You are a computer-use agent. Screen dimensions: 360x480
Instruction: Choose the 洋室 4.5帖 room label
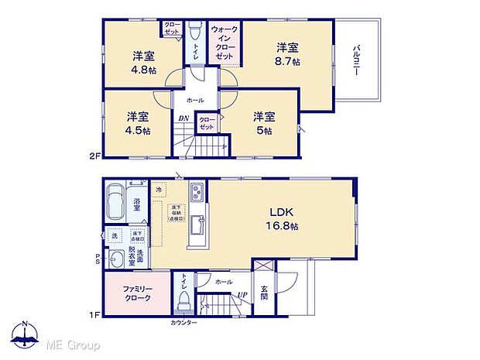click(x=138, y=124)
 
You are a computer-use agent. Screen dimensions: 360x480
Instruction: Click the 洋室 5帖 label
click(x=263, y=124)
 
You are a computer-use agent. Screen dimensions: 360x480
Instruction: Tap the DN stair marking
click(x=183, y=118)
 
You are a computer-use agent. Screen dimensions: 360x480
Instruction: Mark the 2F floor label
click(x=94, y=156)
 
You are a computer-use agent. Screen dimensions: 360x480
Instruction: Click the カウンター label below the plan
click(x=183, y=322)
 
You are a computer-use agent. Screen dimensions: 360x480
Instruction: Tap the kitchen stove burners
click(x=196, y=191)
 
